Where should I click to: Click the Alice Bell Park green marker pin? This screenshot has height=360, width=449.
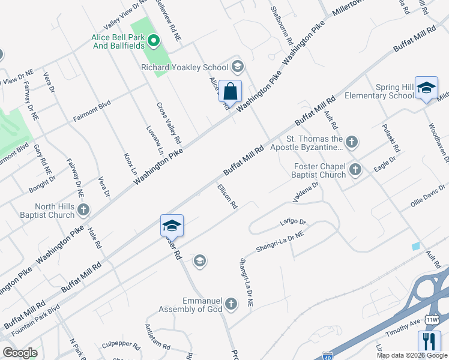click(x=154, y=41)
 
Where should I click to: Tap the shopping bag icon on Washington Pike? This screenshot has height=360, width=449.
click(x=230, y=92)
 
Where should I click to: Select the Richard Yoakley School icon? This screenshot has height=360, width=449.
click(x=237, y=67)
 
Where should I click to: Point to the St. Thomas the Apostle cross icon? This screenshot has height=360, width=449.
click(x=352, y=142)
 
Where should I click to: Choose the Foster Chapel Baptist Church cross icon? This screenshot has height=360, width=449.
click(x=355, y=170)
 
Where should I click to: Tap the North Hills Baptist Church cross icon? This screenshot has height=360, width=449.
click(x=83, y=210)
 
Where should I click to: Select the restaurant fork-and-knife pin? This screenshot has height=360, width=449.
click(x=429, y=342)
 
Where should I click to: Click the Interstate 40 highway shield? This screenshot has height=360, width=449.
click(x=327, y=356)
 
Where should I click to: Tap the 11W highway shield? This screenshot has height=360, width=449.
click(x=432, y=320)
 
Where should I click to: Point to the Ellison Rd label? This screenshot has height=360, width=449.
click(x=227, y=196)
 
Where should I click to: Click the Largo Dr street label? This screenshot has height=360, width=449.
click(x=293, y=222)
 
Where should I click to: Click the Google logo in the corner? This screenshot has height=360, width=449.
click(x=20, y=353)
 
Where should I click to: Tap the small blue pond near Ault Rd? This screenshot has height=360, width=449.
click(x=416, y=246)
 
